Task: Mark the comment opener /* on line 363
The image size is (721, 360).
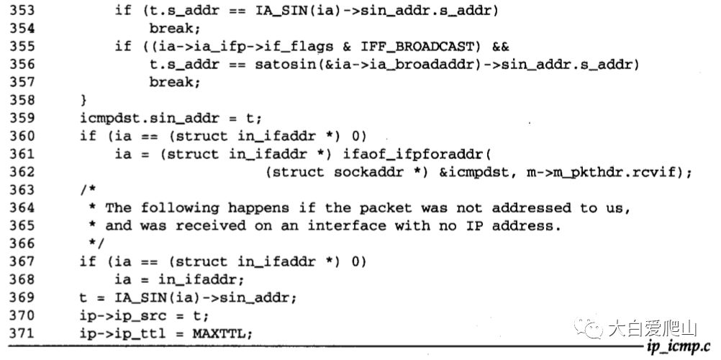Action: pos(87,190)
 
